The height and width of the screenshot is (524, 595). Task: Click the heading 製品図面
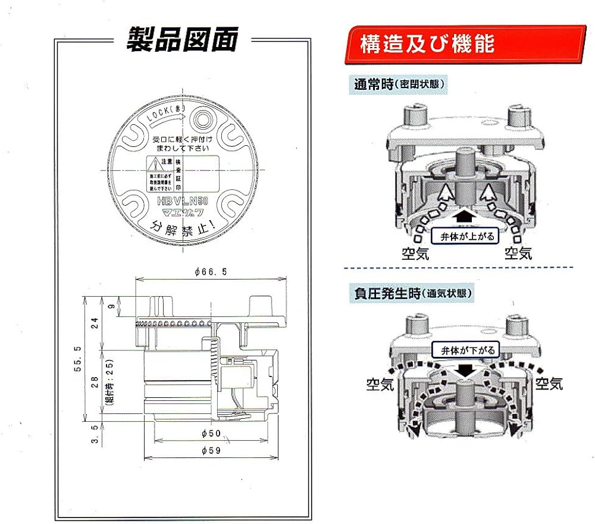(x=182, y=40)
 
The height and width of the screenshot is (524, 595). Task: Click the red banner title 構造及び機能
(x=427, y=45)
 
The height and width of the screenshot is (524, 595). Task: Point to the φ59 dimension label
(x=211, y=451)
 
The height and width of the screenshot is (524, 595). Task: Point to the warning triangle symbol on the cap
(x=154, y=162)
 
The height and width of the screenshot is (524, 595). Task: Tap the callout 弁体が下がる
(x=464, y=350)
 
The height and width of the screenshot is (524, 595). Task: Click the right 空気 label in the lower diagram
(x=548, y=383)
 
